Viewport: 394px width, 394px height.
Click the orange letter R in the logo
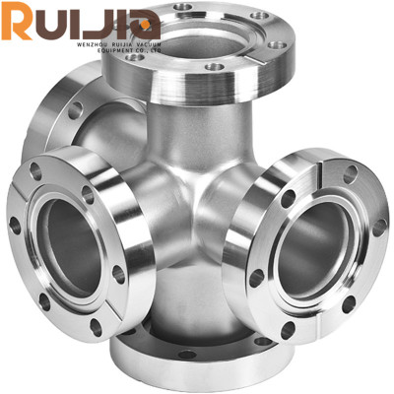(17, 22)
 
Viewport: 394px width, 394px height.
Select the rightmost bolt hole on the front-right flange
(379, 227)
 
